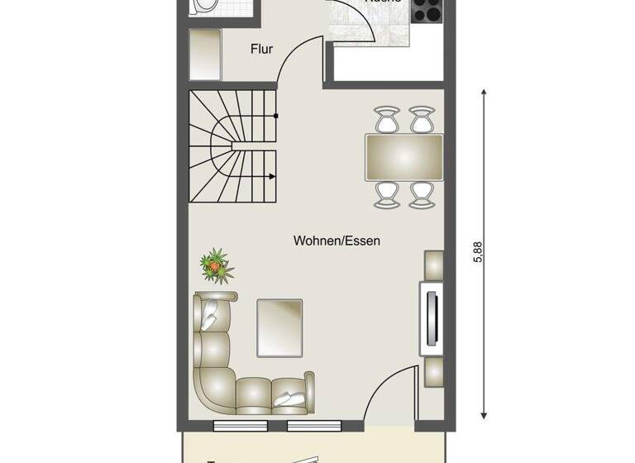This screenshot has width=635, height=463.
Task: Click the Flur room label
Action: tap(261, 50)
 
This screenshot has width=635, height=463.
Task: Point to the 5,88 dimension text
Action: tap(477, 251)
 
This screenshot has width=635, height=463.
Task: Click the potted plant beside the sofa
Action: tap(216, 266)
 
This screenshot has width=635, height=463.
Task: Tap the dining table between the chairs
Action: tap(405, 156)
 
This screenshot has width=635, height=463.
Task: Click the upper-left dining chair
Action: tap(386, 119)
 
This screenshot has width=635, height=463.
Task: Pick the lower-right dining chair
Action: tap(423, 193)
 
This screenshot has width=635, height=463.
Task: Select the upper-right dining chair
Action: tap(423, 119)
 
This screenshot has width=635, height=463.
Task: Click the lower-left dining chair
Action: tap(386, 193)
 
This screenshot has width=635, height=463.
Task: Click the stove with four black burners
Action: tap(427, 10)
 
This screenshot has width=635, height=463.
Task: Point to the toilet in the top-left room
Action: tap(203, 7)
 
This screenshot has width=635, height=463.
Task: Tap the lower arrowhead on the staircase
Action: tap(272, 175)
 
